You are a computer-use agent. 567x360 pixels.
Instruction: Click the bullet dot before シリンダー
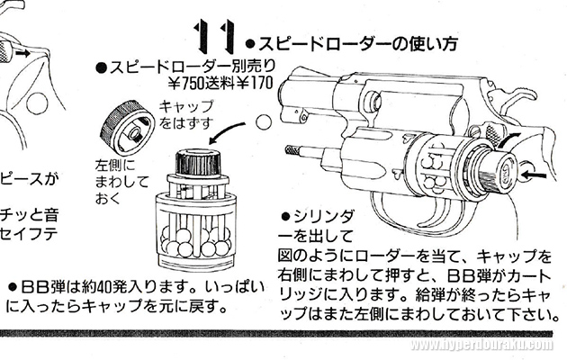(x=286, y=217)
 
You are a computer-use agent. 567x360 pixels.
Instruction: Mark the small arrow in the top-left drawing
(x=32, y=54)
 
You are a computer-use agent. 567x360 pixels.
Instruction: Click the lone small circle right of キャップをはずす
(x=263, y=120)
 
